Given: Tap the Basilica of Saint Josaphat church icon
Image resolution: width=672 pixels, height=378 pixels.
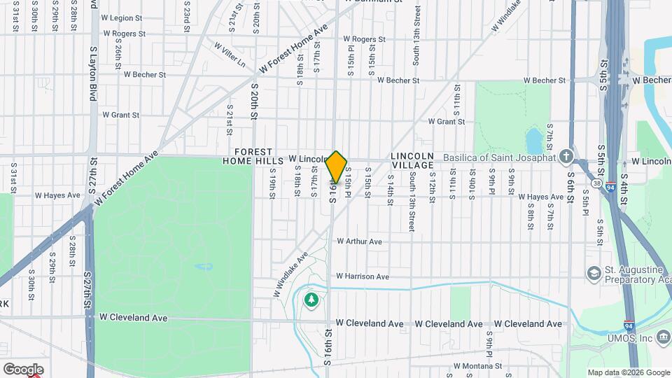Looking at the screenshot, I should pos(566,156).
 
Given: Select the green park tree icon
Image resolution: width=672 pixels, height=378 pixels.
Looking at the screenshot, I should pos(311,300).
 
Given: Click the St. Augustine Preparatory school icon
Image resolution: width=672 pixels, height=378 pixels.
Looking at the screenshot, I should pos(594,272).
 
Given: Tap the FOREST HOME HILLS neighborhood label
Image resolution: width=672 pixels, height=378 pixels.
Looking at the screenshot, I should pos(253,156).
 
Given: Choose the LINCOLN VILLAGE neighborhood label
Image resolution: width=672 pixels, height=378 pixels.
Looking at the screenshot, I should pos(412,160).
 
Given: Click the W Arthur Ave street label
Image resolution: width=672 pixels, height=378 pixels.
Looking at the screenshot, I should pos(359,241).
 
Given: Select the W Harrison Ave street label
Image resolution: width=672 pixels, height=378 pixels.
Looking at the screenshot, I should pos(362,276).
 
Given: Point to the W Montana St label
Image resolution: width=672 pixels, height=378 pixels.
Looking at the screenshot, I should pos(484,366).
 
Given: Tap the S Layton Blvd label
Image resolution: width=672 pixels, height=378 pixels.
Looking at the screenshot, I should pos(92,74).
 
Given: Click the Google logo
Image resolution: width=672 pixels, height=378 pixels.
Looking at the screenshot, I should pos(23,369).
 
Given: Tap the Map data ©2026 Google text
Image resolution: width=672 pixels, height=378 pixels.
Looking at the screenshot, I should pos(628,372).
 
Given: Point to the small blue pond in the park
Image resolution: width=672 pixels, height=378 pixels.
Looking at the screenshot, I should pos(534,140).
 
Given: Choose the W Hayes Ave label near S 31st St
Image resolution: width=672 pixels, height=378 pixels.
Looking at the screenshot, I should pos(58,195).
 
